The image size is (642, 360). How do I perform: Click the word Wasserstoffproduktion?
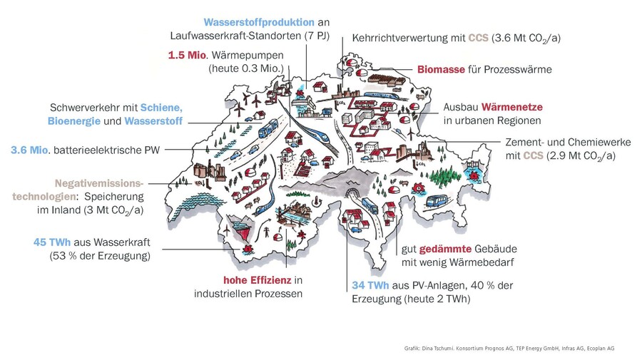[259, 22]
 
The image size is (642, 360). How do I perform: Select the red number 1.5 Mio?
[187, 55]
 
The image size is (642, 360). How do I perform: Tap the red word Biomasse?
[441, 70]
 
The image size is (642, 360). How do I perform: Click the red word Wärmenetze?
[511, 107]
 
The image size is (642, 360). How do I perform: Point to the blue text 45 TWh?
[52, 242]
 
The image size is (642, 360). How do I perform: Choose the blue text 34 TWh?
[370, 285]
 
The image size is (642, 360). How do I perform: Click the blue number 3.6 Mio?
[29, 150]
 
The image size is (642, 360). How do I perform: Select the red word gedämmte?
[445, 249]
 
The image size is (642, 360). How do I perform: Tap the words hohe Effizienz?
[257, 280]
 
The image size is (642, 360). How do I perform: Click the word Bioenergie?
[74, 121]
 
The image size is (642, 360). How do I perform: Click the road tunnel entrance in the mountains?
[350, 193]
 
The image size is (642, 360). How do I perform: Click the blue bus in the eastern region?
[435, 201]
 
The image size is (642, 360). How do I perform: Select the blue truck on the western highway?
[269, 128]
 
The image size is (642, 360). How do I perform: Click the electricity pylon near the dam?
[266, 232]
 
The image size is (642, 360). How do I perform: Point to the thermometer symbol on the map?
[316, 201]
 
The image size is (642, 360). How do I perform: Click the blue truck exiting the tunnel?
[370, 206]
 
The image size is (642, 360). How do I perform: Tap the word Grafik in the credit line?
[412, 349]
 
